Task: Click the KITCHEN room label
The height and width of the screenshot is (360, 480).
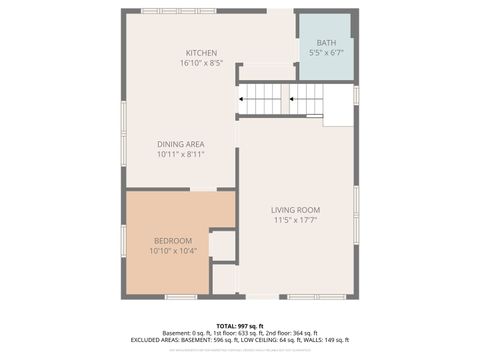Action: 201,53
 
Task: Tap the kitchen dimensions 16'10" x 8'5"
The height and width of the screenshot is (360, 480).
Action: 201,63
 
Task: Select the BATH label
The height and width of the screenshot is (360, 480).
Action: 326,43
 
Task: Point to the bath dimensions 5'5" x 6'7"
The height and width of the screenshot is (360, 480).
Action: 326,53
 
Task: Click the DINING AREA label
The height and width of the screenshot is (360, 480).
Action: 180,144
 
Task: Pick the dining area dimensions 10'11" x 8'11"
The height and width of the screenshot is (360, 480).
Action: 180,154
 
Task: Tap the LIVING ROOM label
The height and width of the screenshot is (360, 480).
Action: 296,210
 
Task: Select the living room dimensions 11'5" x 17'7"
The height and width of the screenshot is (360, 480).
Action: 296,220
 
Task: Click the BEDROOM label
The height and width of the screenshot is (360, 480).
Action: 173,240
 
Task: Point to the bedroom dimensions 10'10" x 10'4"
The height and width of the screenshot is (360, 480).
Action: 173,250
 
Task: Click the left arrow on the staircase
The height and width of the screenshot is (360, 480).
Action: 243,99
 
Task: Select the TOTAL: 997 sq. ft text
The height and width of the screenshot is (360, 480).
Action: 239,325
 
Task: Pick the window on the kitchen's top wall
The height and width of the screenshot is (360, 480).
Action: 178,11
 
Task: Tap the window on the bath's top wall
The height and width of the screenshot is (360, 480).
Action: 325,11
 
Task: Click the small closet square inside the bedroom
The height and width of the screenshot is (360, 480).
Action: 222,245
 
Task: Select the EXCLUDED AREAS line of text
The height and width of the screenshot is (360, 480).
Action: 239,339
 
